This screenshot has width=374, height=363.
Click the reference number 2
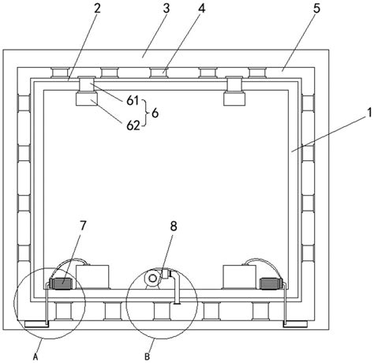(x=97, y=9)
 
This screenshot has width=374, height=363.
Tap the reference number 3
(x=166, y=9)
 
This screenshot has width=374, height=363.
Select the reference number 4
(x=201, y=9)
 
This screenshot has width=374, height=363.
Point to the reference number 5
(x=317, y=9)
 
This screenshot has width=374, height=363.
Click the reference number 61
(x=133, y=100)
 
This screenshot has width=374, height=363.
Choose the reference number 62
(x=133, y=125)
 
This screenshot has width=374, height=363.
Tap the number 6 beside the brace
(x=155, y=113)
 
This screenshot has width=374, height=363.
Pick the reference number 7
(x=83, y=226)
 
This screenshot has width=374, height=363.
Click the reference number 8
(x=174, y=226)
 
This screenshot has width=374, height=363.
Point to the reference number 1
(x=369, y=113)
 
